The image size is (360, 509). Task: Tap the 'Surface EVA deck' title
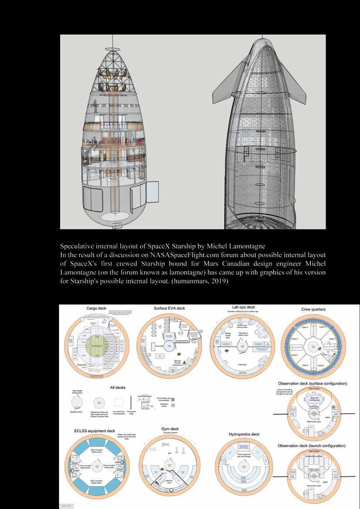169,308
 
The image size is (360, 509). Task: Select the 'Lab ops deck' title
244,307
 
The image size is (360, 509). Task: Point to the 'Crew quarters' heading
313,309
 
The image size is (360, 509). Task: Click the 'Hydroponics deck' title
244,434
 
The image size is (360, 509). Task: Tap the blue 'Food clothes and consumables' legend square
173,398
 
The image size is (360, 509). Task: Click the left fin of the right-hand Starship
228,83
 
